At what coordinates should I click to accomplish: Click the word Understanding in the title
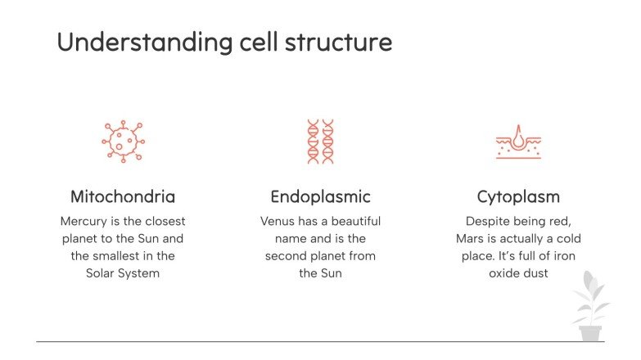[133, 42]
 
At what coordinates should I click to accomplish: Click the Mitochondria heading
[123, 197]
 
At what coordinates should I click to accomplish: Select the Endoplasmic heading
[320, 197]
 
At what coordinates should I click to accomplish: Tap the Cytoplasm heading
[518, 197]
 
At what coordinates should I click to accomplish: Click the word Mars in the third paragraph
[471, 239]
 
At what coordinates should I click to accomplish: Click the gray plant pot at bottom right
[589, 333]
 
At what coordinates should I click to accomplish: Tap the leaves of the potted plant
[589, 299]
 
